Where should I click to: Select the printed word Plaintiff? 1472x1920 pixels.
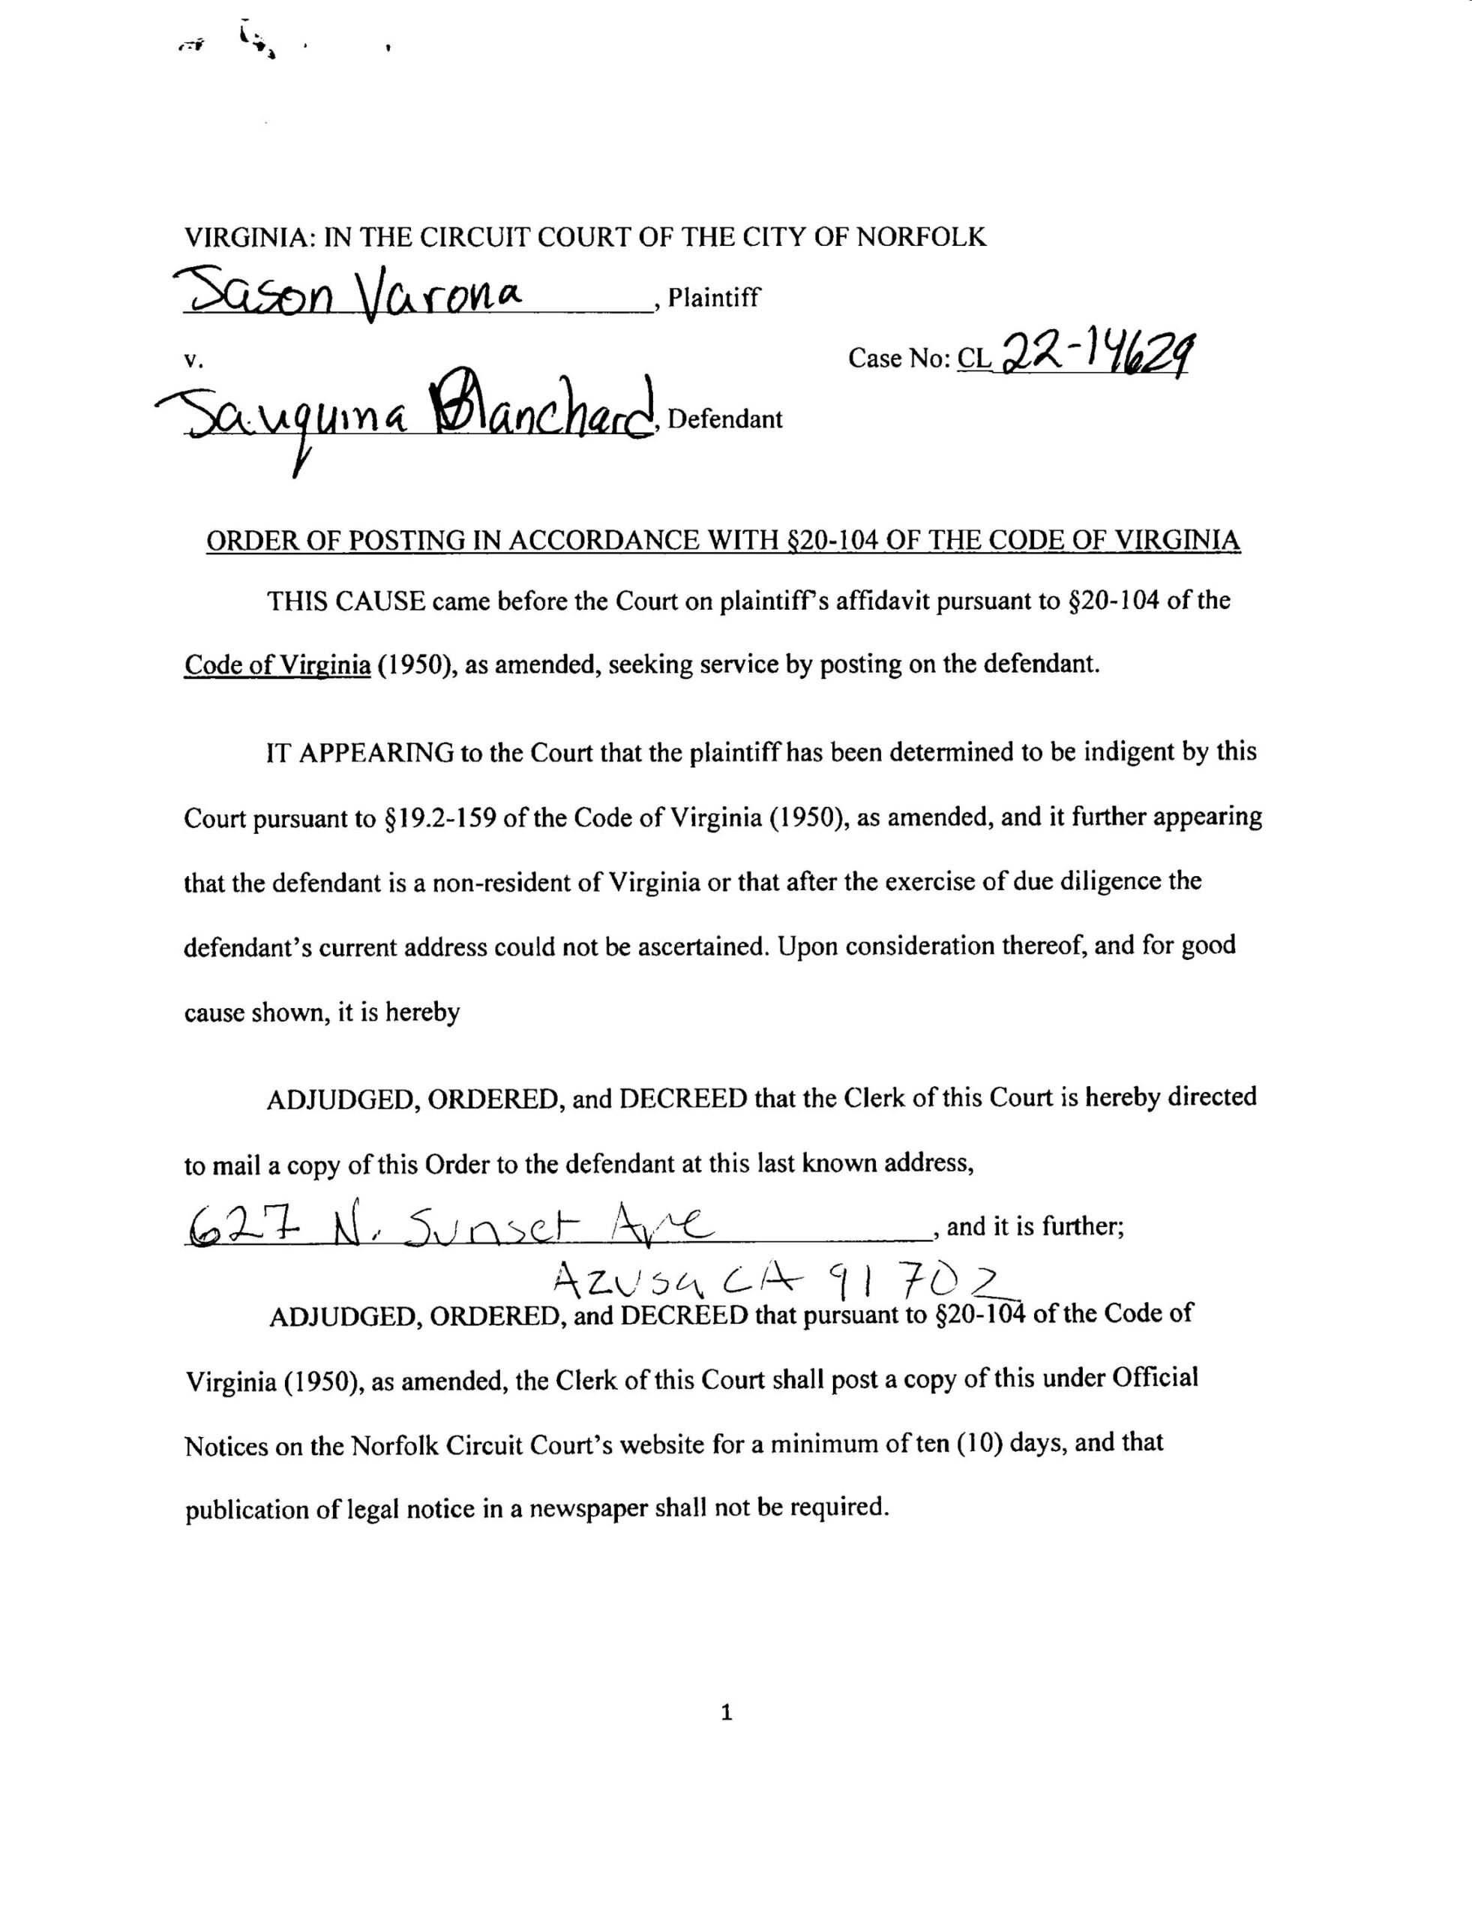[713, 298]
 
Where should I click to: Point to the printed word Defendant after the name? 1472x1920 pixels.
[724, 419]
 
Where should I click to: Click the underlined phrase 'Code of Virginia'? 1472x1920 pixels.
[277, 665]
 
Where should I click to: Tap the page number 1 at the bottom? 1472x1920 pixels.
[725, 1713]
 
